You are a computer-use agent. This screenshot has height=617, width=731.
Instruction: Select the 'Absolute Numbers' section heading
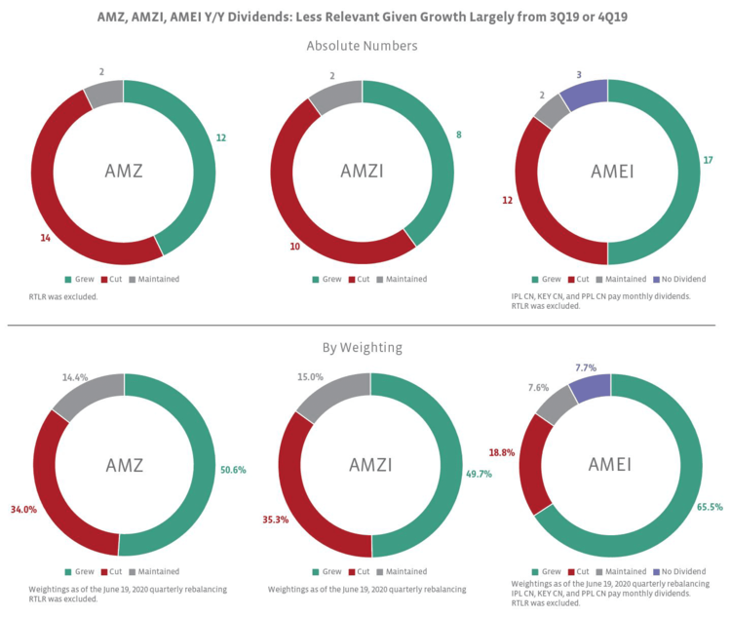[x=362, y=46]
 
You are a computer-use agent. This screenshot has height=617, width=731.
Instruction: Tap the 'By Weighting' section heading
[x=362, y=347]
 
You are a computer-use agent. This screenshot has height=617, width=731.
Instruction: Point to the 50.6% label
[x=233, y=470]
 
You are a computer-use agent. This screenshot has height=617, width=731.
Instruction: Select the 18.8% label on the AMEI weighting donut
[x=502, y=452]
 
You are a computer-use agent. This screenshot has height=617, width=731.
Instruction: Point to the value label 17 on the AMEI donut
[x=708, y=159]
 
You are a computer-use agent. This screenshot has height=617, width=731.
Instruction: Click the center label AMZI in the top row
[x=362, y=172]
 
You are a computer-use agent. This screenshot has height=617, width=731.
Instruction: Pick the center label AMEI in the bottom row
[x=612, y=464]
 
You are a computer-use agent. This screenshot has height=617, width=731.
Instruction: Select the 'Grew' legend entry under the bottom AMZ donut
[x=80, y=572]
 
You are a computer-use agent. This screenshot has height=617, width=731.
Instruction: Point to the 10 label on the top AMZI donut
[x=295, y=247]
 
